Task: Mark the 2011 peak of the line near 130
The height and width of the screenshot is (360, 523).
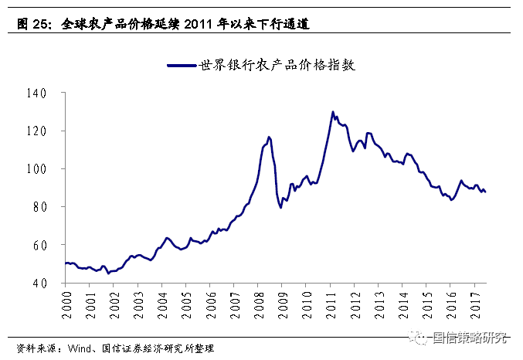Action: click(x=332, y=111)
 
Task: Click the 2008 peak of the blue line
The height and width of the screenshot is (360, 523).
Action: click(x=269, y=137)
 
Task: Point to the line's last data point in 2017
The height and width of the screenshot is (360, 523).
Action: click(x=485, y=192)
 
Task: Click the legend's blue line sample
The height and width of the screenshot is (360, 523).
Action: click(x=182, y=66)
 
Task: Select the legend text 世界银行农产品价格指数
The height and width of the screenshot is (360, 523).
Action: click(x=277, y=66)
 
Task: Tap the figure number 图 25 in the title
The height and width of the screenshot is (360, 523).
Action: click(x=33, y=24)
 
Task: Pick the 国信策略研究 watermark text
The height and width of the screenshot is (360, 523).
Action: click(x=470, y=338)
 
